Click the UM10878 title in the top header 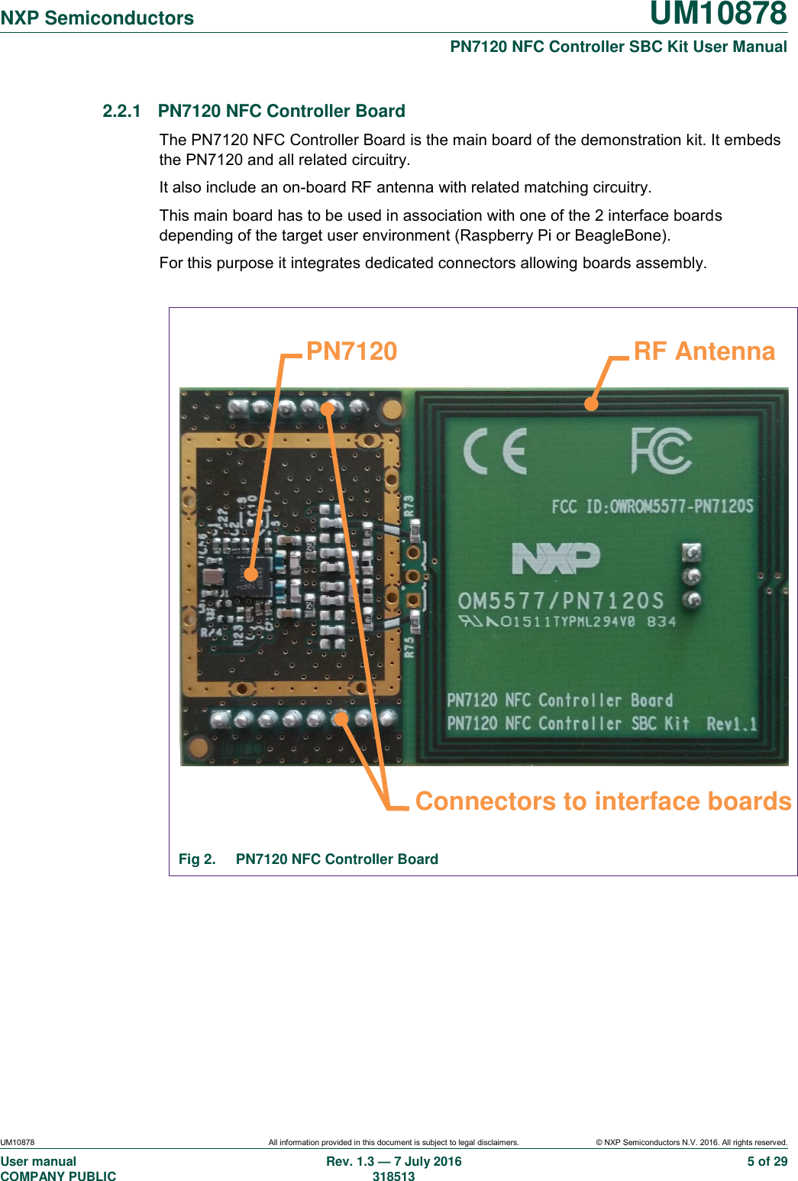pos(718,14)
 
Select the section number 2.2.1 pos(121,111)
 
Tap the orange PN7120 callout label pos(351,351)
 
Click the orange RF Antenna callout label pos(704,351)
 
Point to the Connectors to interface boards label pos(603,801)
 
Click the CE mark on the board pos(496,451)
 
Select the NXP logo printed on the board pos(556,558)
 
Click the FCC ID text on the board pos(652,506)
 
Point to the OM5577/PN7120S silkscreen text pos(561,600)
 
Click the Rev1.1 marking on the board pos(732,723)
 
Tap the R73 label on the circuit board pos(409,506)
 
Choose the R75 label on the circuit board pos(409,647)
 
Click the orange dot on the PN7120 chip pos(250,574)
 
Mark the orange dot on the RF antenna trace pos(591,403)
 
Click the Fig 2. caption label pos(197,859)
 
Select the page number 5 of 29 pos(767,1161)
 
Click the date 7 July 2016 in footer pos(428,1161)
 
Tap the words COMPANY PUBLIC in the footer pos(59,1176)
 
